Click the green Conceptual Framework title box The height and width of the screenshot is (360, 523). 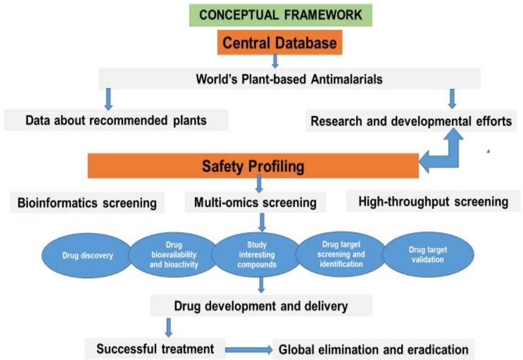pyautogui.click(x=281, y=15)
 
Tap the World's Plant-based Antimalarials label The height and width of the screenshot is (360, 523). pyautogui.click(x=289, y=79)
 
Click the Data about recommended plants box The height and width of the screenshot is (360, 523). pyautogui.click(x=116, y=120)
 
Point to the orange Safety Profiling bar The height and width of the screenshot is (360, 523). pyautogui.click(x=253, y=166)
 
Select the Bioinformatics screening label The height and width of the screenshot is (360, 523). pyautogui.click(x=87, y=203)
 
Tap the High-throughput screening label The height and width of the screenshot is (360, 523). pyautogui.click(x=433, y=201)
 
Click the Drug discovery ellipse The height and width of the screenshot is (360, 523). pyautogui.click(x=87, y=256)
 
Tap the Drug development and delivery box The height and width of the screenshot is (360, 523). pyautogui.click(x=261, y=306)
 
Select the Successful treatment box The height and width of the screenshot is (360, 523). pyautogui.click(x=155, y=347)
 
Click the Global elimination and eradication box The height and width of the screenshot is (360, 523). pyautogui.click(x=373, y=349)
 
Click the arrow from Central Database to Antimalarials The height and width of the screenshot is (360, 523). pyautogui.click(x=275, y=60)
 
